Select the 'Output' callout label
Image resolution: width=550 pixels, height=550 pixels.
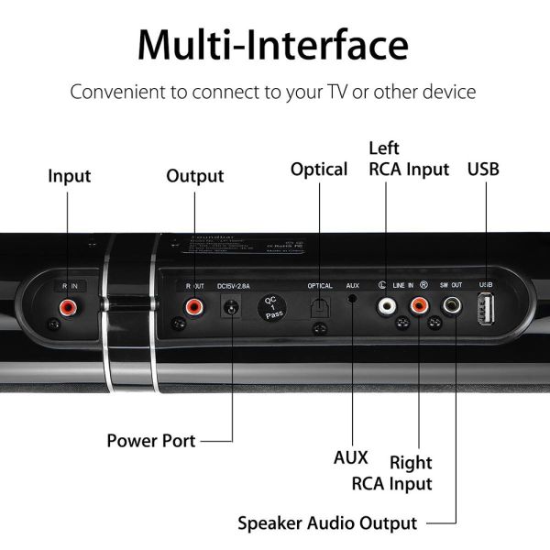[194, 175]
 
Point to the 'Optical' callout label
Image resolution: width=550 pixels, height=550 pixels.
[318, 169]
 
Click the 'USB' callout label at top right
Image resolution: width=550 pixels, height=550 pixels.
[484, 169]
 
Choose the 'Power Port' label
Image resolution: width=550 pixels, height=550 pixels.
[151, 440]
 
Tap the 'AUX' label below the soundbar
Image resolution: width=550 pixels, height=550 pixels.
[351, 456]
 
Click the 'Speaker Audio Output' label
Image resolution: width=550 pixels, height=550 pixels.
[327, 523]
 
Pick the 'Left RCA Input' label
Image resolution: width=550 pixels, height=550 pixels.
[408, 159]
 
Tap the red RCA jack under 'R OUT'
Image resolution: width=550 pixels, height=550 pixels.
[194, 307]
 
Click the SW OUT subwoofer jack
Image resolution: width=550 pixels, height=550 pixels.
[453, 306]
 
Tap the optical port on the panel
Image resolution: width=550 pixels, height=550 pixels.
[319, 309]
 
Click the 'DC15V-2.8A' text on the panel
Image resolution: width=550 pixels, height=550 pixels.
[234, 286]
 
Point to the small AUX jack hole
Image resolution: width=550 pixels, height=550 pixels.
[352, 303]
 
